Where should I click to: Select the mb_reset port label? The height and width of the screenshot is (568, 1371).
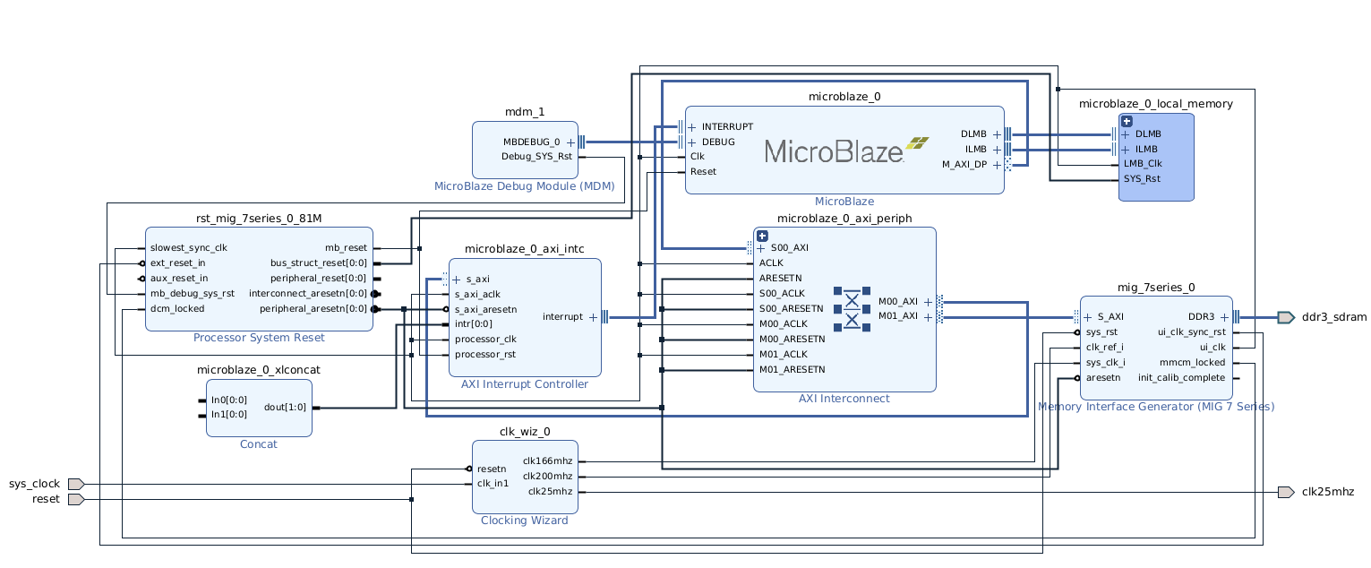pyautogui.click(x=346, y=248)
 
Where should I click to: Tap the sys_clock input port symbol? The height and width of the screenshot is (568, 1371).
pyautogui.click(x=75, y=484)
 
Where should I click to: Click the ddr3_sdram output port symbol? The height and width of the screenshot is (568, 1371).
pyautogui.click(x=1285, y=317)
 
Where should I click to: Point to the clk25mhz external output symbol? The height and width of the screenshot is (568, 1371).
pyautogui.click(x=1285, y=492)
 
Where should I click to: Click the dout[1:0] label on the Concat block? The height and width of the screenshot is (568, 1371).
pyautogui.click(x=285, y=408)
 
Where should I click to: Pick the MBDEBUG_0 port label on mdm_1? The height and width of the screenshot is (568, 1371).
pyautogui.click(x=531, y=142)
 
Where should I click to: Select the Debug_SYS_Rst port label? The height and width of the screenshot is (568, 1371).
pyautogui.click(x=536, y=157)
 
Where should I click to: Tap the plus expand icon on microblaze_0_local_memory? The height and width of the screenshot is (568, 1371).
pyautogui.click(x=1127, y=121)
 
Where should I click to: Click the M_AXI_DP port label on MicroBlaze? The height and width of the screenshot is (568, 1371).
pyautogui.click(x=964, y=165)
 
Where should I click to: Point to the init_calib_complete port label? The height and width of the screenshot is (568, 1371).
pyautogui.click(x=1181, y=378)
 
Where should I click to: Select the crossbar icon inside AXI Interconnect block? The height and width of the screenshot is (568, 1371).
pyautogui.click(x=852, y=308)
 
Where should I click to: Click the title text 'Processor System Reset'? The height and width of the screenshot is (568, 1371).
pyautogui.click(x=259, y=338)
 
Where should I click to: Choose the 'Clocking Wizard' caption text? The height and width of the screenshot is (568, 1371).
pyautogui.click(x=524, y=521)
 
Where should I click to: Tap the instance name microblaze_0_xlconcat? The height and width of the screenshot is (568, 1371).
pyautogui.click(x=259, y=370)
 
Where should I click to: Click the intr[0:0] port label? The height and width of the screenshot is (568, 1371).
pyautogui.click(x=473, y=324)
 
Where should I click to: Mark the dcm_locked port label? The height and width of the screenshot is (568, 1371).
pyautogui.click(x=177, y=309)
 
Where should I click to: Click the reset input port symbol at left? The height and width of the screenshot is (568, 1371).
pyautogui.click(x=75, y=499)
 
